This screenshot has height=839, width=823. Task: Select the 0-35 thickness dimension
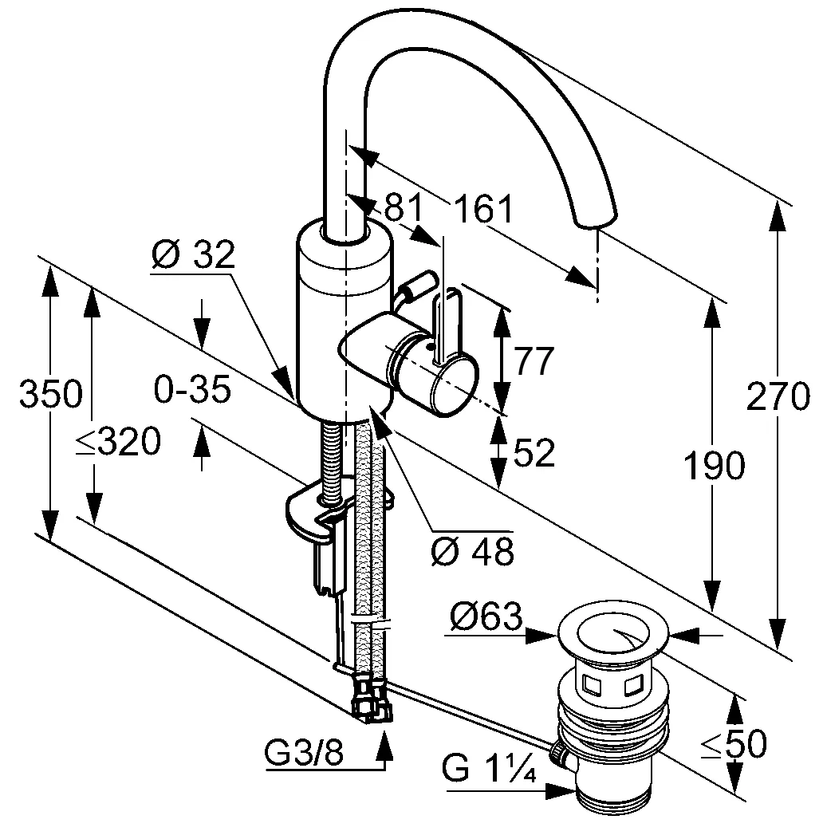tap(192, 390)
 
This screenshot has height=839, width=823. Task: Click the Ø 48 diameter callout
tap(471, 550)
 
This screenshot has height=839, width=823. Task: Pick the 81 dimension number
tap(403, 209)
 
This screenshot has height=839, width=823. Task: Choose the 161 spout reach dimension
tap(484, 210)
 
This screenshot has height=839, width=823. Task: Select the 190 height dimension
tap(714, 466)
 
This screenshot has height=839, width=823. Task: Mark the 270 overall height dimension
tap(778, 396)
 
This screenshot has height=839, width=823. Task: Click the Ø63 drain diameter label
tap(485, 616)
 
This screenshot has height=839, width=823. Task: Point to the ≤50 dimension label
tap(733, 744)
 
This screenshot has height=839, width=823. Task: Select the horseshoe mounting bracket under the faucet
tap(315, 516)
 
